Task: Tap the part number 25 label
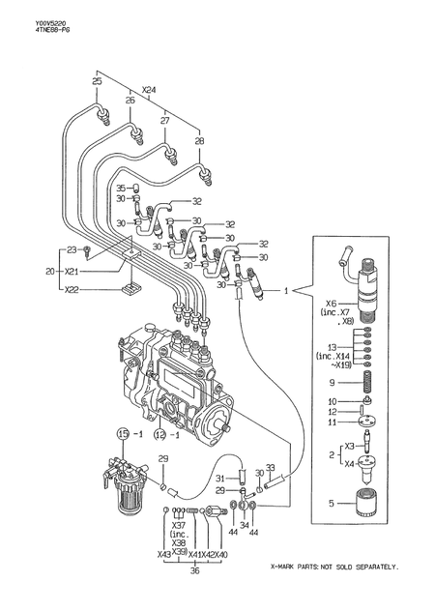pos(97,82)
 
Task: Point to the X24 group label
pos(148,90)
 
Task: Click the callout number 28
pos(199,141)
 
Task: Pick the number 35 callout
pos(121,188)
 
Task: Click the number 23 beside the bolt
pos(71,250)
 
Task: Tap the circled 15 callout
pos(124,433)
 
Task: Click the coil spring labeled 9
pos(367,381)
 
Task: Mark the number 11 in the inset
pos(333,422)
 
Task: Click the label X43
pos(164,554)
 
